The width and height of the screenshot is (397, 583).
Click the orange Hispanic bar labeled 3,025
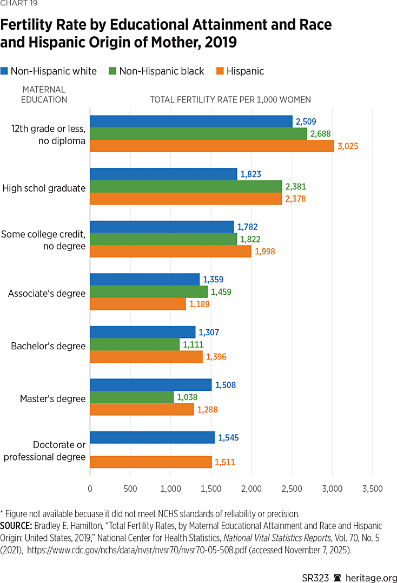[x=211, y=146]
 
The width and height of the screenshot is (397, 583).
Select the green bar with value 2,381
[x=186, y=186]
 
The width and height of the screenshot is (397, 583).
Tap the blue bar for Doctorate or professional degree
[x=152, y=437]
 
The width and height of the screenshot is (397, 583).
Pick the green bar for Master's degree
[x=131, y=397]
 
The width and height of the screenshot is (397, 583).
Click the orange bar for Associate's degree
[x=137, y=304]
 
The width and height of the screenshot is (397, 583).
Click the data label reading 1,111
[x=194, y=344]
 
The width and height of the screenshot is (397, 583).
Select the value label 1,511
[x=226, y=462]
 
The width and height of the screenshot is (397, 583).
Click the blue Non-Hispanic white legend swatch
[x=5, y=71]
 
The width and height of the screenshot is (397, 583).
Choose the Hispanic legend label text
[x=245, y=71]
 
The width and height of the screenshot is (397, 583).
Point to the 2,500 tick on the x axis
[x=292, y=489]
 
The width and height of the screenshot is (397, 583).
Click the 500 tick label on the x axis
[x=130, y=489]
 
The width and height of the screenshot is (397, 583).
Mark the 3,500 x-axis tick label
[x=372, y=489]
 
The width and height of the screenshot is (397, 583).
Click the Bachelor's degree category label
[x=48, y=346]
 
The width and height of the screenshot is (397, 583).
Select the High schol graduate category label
[x=44, y=188]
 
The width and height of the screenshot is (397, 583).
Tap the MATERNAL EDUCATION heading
[x=44, y=94]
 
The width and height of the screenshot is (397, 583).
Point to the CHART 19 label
[x=19, y=4]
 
